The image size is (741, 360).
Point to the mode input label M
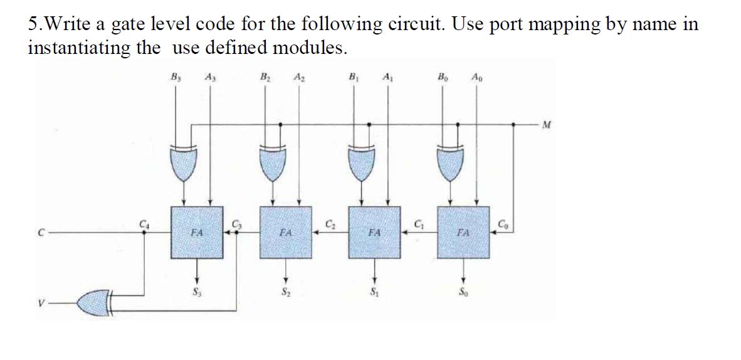(547, 124)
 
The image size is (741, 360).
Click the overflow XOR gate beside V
(95, 303)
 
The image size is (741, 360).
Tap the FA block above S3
(197, 232)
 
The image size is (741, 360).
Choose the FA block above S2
(286, 232)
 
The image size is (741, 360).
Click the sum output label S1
(375, 292)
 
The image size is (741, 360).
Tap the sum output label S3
(197, 292)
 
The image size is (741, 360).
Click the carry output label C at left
(38, 233)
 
